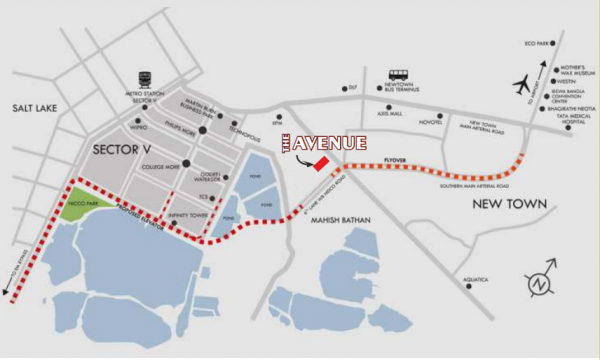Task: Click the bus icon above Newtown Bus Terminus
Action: pyautogui.click(x=398, y=75)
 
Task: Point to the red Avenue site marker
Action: pyautogui.click(x=321, y=164)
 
